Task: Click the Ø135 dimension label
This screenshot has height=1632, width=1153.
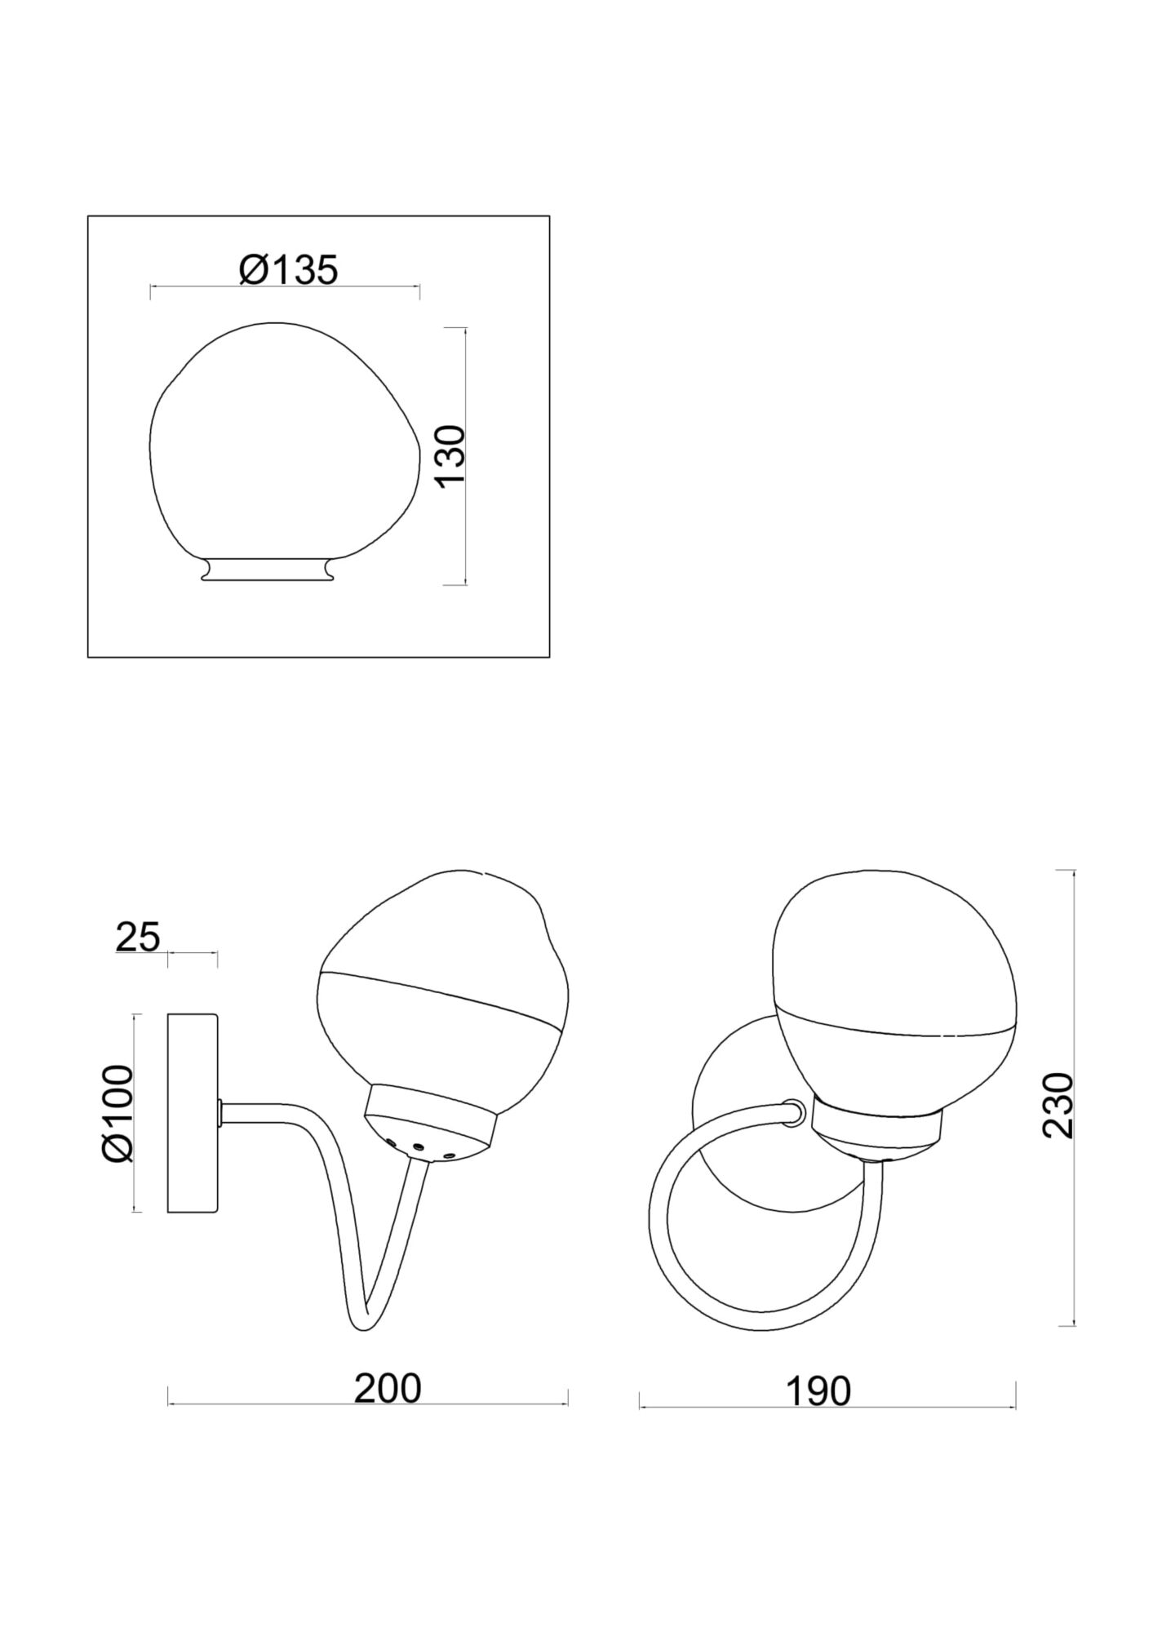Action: coord(288,270)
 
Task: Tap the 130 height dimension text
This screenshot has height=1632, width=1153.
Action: coord(451,455)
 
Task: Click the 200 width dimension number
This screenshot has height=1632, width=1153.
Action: coord(387,1388)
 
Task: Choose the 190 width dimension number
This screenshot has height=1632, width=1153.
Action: coord(818,1391)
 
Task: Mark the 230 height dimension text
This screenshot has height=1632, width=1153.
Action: coord(1058,1106)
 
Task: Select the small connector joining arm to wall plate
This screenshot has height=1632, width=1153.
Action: coord(221,1111)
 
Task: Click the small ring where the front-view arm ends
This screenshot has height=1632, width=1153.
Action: coord(792,1112)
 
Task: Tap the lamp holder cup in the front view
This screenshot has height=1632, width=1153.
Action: coord(877,1130)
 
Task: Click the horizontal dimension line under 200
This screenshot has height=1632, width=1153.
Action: coord(367,1404)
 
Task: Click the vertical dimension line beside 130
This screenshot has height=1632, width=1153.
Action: coord(464,530)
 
